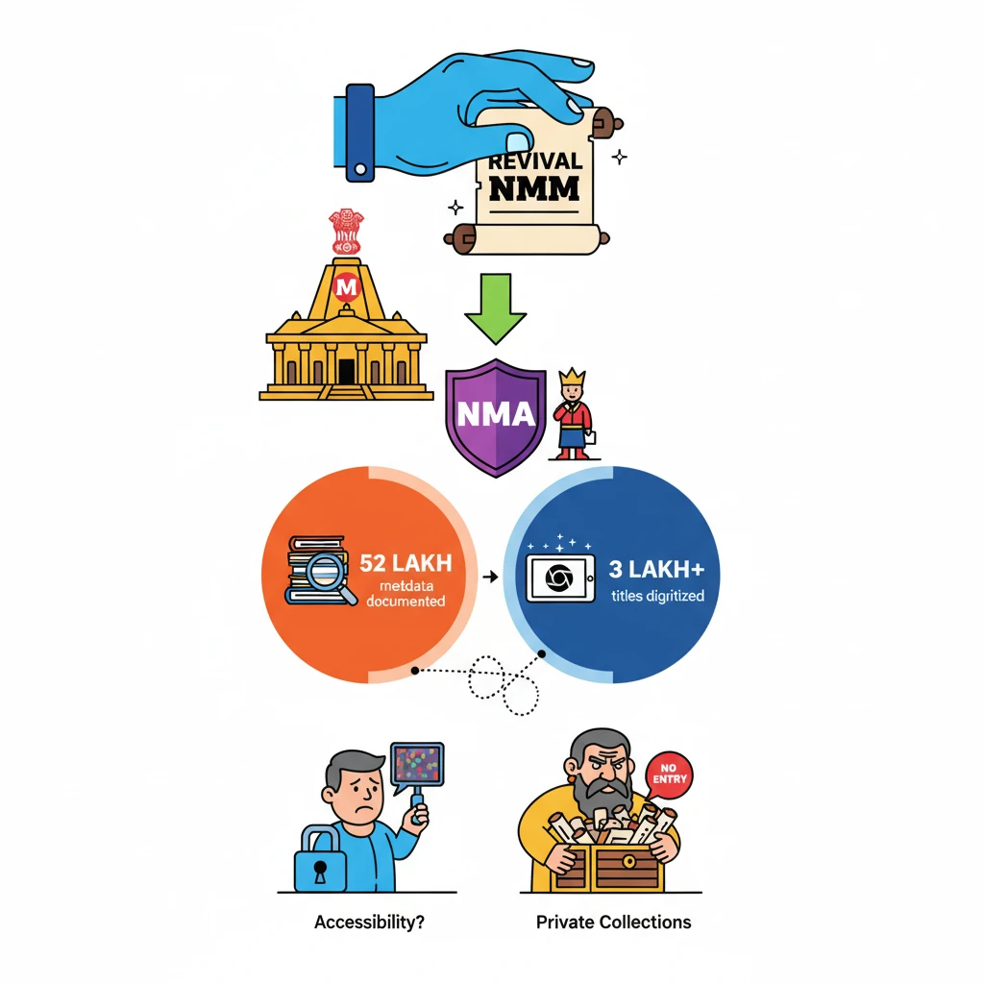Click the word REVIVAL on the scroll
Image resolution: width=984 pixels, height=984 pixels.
click(x=534, y=159)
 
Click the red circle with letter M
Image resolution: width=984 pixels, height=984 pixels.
click(x=344, y=285)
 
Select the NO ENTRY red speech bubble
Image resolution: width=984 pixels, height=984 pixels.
click(x=669, y=772)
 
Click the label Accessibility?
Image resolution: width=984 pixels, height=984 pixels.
click(x=370, y=922)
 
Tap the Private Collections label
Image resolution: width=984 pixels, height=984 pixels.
click(x=613, y=922)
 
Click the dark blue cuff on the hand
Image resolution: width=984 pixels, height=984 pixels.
click(x=359, y=132)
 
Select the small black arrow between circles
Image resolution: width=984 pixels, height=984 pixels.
click(x=489, y=577)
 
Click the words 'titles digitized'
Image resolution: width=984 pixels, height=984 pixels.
click(x=657, y=596)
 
